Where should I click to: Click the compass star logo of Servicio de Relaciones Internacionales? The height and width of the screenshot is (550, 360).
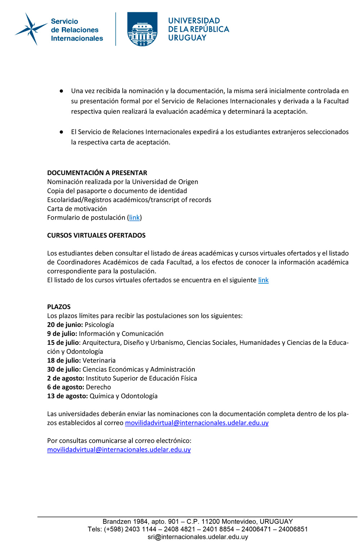31,29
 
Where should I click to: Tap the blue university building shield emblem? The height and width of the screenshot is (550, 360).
142,29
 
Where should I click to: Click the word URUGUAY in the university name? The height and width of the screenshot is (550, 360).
187,38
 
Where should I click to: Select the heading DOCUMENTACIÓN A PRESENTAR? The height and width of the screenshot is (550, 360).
97,173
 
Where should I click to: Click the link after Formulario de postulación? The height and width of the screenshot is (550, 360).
134,217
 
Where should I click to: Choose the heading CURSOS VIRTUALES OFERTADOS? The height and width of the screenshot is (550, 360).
96,235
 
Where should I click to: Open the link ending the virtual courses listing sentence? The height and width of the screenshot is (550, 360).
263,280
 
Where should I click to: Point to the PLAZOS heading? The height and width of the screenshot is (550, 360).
59,307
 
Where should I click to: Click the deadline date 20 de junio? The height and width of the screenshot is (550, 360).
65,325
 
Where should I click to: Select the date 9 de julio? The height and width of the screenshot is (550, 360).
62,334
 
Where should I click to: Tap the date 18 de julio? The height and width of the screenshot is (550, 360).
64,360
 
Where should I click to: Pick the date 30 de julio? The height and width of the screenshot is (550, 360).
64,369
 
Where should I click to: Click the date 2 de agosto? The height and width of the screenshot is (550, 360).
66,378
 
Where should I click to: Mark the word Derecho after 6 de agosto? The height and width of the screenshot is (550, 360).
99,387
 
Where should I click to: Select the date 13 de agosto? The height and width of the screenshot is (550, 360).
67,396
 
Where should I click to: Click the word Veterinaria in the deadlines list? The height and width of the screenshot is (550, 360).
99,360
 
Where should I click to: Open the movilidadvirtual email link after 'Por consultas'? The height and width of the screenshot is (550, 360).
119,450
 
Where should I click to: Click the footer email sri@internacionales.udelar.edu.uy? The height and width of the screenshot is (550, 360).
198,537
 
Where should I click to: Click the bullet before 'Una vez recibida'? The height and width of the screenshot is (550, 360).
62,91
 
